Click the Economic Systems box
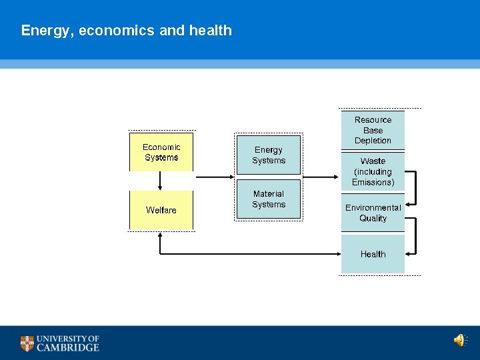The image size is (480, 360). (161, 153)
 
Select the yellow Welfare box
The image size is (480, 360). (161, 210)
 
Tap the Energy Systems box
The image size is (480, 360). (269, 155)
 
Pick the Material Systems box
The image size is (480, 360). (269, 199)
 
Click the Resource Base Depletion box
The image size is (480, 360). (373, 130)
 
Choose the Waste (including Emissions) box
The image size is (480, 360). (373, 171)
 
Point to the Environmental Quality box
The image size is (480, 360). (373, 213)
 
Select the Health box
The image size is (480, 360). (373, 254)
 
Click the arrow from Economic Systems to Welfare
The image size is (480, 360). (161, 181)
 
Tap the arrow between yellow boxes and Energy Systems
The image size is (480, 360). (213, 177)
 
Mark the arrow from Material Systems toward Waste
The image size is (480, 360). (321, 177)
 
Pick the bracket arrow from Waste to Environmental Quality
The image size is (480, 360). (413, 187)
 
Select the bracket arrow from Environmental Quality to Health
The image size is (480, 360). (413, 235)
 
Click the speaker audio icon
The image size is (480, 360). (460, 341)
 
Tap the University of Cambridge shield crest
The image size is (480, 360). (27, 343)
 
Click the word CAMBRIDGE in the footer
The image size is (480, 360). (68, 347)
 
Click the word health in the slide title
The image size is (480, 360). (211, 31)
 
